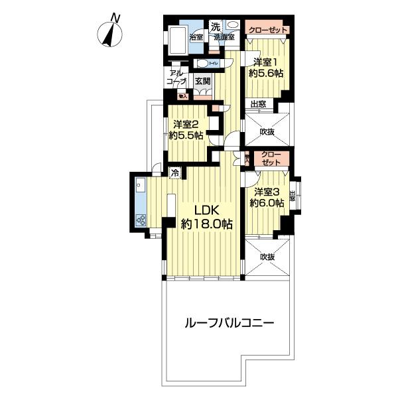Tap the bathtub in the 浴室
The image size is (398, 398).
pyautogui.click(x=176, y=42)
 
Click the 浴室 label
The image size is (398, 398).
pyautogui.click(x=196, y=36)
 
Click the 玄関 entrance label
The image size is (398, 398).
pyautogui.click(x=203, y=82)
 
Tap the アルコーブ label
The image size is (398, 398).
pyautogui.click(x=177, y=78)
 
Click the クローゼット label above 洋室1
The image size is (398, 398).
pyautogui.click(x=266, y=31)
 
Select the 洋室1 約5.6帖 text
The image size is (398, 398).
pyautogui.click(x=266, y=67)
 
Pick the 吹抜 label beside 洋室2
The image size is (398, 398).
pyautogui.click(x=267, y=132)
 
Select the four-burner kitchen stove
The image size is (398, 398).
pyautogui.click(x=141, y=220)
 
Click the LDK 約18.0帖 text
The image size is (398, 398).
pyautogui.click(x=207, y=218)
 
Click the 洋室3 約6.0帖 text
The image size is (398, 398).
pyautogui.click(x=266, y=197)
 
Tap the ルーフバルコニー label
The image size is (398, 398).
pyautogui.click(x=229, y=324)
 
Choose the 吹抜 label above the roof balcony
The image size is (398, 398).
pyautogui.click(x=267, y=256)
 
